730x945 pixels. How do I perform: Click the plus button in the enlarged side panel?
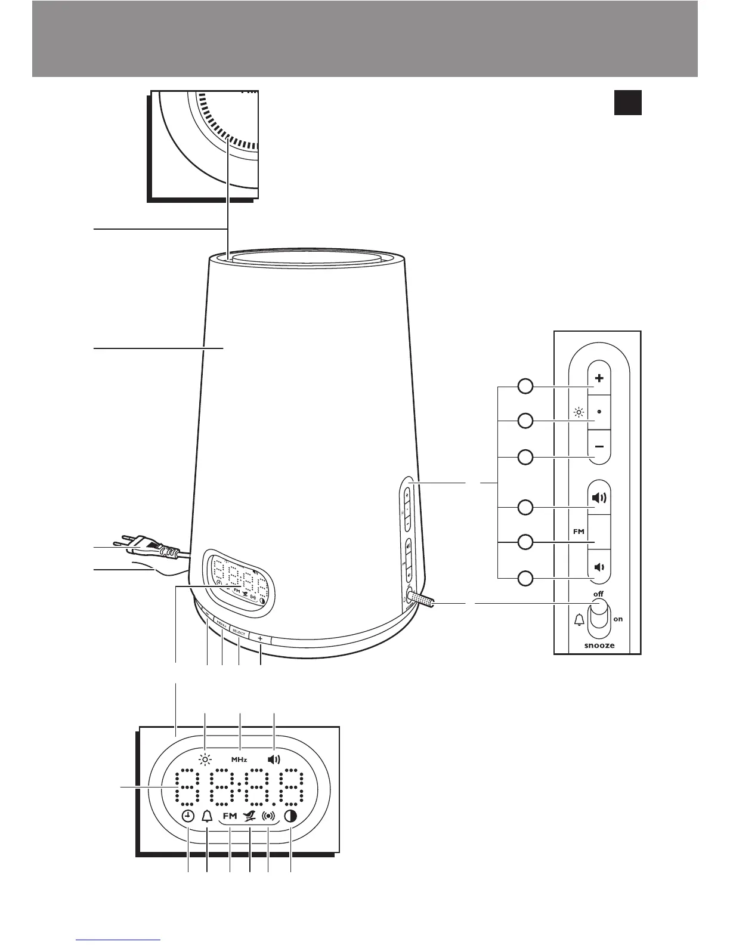click(599, 378)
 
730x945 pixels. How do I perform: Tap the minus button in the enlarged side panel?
click(599, 447)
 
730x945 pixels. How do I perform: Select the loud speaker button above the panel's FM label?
click(599, 498)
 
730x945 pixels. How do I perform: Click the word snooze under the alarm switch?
click(599, 646)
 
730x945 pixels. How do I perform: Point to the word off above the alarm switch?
click(598, 594)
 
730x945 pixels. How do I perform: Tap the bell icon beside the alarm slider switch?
click(579, 620)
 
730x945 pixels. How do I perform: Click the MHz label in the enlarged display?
click(239, 759)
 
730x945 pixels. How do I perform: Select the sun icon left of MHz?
click(206, 759)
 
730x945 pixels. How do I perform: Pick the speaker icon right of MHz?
click(273, 759)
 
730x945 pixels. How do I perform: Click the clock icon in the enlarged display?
click(188, 817)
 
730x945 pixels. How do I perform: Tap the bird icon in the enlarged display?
click(249, 817)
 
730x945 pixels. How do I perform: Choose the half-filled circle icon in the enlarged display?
click(290, 817)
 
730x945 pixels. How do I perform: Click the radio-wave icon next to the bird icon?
click(269, 817)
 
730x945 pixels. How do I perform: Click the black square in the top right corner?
click(628, 102)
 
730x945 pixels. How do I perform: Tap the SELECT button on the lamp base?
click(238, 632)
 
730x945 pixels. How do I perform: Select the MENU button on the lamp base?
click(221, 627)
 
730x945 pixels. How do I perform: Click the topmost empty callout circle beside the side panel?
click(525, 387)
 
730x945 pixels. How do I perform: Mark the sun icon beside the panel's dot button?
click(577, 412)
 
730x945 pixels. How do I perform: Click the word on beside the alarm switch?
click(618, 619)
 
